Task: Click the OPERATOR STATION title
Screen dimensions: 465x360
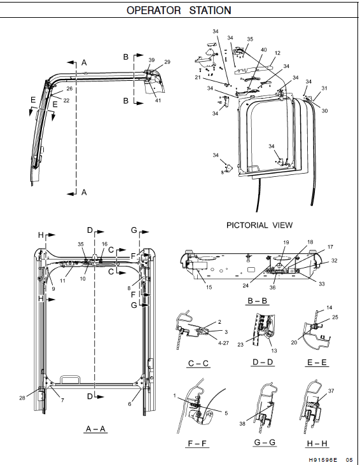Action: point(178,10)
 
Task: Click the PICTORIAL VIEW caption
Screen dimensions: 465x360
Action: point(260,225)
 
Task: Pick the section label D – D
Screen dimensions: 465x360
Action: point(261,363)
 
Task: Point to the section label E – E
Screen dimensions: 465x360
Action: point(318,363)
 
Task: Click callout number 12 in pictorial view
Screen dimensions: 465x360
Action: point(277,53)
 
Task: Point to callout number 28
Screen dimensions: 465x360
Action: point(22,398)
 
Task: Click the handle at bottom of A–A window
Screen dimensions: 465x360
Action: point(66,380)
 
